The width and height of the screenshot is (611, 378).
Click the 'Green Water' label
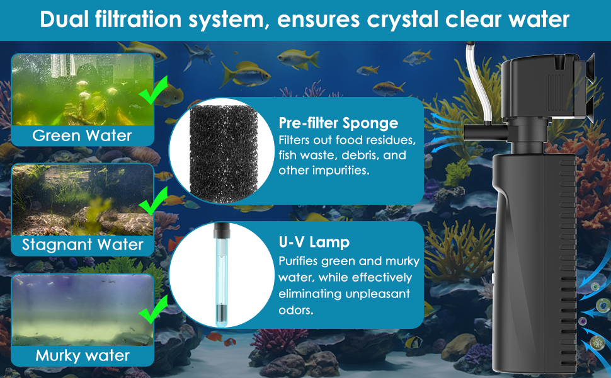(82, 135)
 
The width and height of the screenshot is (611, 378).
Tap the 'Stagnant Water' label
(83, 244)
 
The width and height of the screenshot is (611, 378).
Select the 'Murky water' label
(83, 355)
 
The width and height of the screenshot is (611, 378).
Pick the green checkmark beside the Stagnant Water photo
(152, 203)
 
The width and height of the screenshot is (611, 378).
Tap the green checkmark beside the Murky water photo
(151, 312)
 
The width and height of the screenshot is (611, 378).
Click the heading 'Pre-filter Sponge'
(338, 123)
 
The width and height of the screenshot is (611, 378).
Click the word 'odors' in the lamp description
(295, 310)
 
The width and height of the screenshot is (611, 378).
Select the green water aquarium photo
(82, 90)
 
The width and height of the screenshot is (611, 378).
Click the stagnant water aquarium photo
(82, 200)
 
